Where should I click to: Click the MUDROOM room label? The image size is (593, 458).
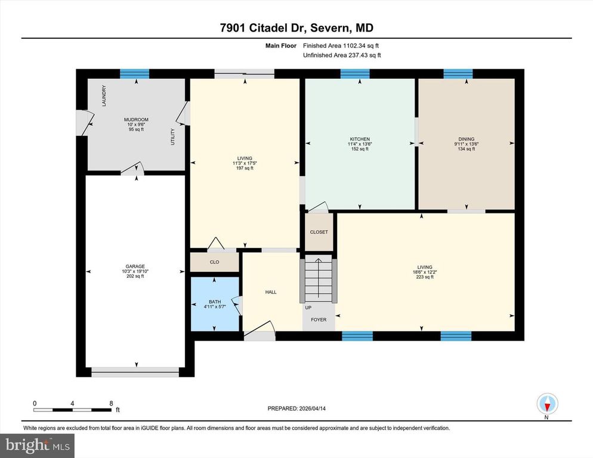pos(136,119)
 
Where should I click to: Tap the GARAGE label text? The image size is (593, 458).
pos(135,267)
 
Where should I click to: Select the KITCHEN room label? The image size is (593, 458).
pos(360,138)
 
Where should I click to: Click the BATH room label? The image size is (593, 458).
pos(215,302)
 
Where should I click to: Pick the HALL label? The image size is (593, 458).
pos(270,292)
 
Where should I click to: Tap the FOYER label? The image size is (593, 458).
pos(319,320)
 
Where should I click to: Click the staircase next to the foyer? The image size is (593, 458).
pos(319,280)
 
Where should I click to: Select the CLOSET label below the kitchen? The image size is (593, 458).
pos(319,232)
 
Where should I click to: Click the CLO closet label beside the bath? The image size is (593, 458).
pos(215,261)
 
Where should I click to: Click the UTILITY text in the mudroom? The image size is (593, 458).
pos(173,137)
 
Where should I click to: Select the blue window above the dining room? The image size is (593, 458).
pos(458,73)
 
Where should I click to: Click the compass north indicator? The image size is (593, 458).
pos(546,404)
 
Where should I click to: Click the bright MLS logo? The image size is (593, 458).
pos(38,444)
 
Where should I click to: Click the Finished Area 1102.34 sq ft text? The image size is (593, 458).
pos(341,45)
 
